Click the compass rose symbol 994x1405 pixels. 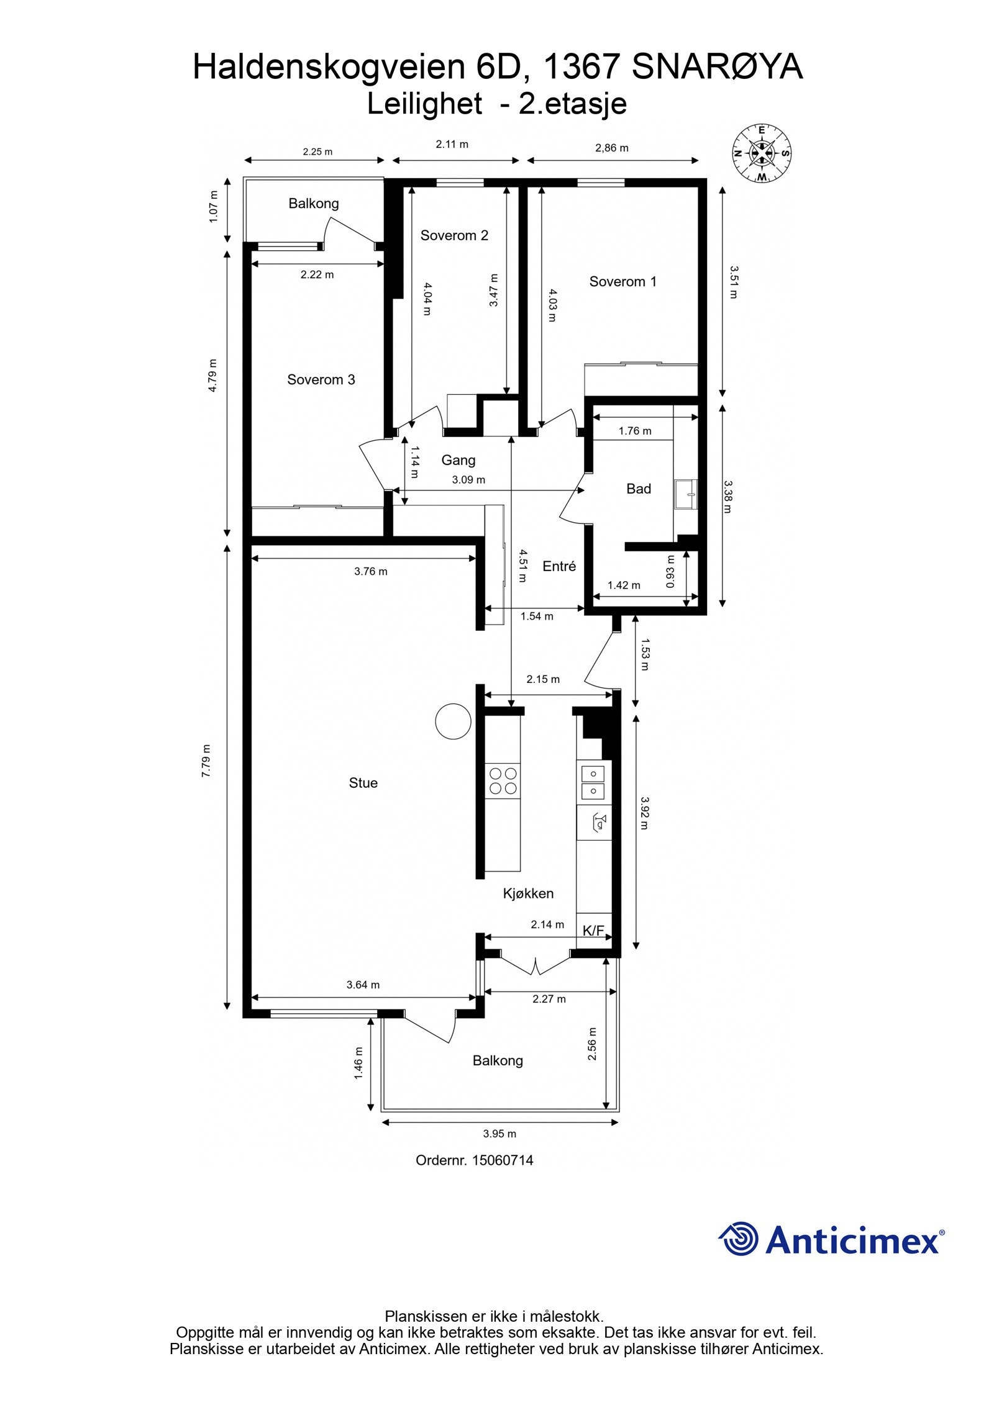[761, 153]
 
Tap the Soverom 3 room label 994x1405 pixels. [321, 379]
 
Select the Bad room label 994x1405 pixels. [638, 489]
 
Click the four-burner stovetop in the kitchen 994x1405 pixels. [503, 780]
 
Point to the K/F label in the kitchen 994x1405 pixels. [593, 930]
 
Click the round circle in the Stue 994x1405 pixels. [453, 721]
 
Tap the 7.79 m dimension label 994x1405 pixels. [206, 761]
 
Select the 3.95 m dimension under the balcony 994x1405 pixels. [499, 1133]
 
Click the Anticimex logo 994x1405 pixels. [831, 1240]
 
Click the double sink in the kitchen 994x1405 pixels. [593, 782]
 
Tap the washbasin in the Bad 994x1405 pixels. [687, 494]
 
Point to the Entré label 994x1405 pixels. [559, 566]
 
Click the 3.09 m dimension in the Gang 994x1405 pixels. [468, 479]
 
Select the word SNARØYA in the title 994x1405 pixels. [717, 67]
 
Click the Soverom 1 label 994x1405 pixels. [622, 281]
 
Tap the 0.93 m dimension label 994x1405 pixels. [670, 571]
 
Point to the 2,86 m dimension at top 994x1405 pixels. [611, 148]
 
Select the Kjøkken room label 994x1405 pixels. [527, 893]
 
